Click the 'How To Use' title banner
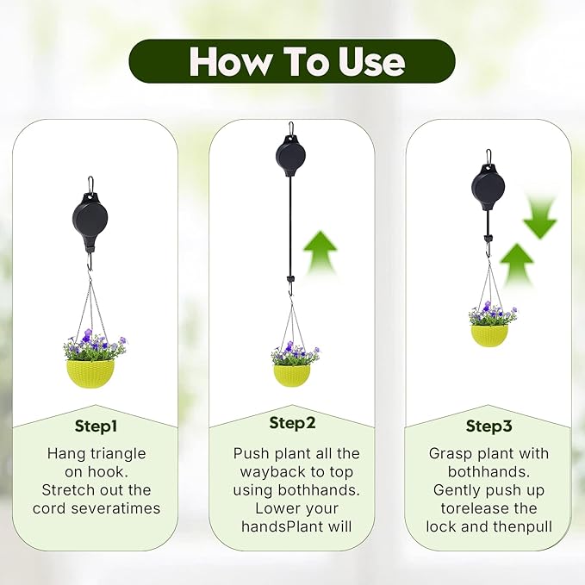coord(292,61)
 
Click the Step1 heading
coord(95,426)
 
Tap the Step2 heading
coord(292,423)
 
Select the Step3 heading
coord(489,426)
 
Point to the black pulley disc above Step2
coord(290,157)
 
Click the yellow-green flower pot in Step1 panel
coord(90,371)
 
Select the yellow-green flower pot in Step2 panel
coord(291,374)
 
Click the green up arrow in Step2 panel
coord(319,252)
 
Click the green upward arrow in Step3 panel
coord(517,264)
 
